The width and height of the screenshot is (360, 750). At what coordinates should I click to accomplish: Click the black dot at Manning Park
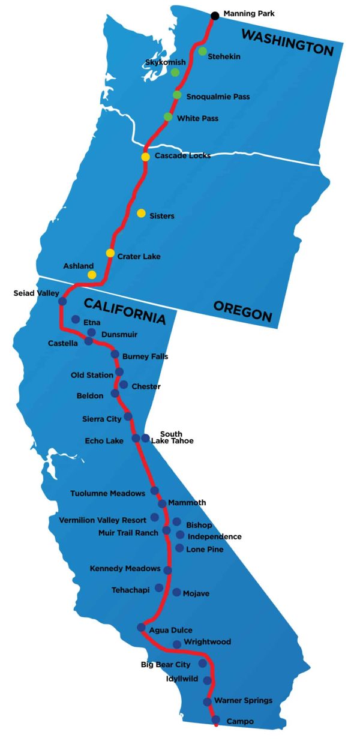(215, 16)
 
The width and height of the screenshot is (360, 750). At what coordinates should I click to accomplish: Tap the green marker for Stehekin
(203, 51)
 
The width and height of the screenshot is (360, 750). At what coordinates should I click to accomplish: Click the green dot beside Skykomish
(175, 72)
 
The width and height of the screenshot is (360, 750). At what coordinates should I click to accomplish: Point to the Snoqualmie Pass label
(218, 97)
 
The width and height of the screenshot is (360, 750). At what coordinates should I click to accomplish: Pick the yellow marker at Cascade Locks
(145, 157)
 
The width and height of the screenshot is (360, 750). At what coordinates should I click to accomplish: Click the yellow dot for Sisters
(141, 213)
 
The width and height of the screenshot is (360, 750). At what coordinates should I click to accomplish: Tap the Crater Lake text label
(139, 256)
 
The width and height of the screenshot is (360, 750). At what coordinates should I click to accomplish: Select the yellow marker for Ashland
(92, 275)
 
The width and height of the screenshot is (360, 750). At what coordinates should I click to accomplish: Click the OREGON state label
(243, 311)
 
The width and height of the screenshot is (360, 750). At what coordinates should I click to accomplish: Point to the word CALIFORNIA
(124, 310)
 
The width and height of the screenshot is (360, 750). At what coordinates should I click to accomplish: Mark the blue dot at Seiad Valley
(62, 301)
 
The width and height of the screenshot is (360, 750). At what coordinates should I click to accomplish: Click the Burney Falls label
(145, 356)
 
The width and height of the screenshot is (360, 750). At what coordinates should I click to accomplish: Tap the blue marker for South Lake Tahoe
(145, 438)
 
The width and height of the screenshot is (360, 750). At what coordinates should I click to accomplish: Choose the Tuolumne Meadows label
(107, 493)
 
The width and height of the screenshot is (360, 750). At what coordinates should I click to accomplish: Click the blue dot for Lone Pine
(180, 548)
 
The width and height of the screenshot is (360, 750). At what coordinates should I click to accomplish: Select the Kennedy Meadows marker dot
(167, 570)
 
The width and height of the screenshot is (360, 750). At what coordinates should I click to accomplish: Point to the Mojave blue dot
(176, 592)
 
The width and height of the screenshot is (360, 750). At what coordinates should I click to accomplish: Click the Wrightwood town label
(207, 642)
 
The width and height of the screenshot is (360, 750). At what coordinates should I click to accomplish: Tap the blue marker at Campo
(216, 720)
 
